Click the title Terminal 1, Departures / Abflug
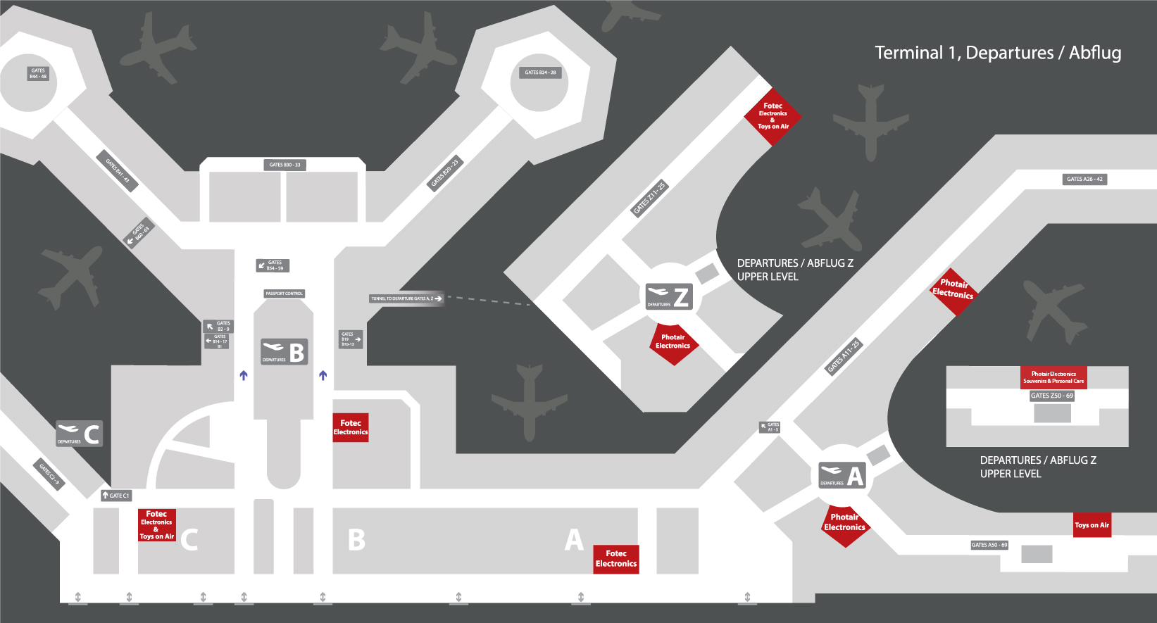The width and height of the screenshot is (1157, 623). click(x=997, y=53)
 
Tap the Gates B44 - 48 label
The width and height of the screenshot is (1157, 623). click(x=38, y=73)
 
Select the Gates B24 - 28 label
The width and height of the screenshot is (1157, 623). click(x=540, y=73)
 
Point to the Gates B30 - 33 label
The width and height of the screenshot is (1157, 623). click(x=284, y=165)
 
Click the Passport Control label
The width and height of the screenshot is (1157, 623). click(x=284, y=294)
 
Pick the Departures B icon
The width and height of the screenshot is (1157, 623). click(x=284, y=351)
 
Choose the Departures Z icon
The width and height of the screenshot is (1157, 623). click(x=669, y=296)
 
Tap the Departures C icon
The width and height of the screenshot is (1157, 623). click(x=80, y=434)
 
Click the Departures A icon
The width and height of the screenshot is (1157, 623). click(x=842, y=476)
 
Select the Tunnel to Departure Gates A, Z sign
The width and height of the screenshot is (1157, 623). click(x=407, y=298)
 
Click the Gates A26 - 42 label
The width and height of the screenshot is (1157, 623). click(x=1084, y=179)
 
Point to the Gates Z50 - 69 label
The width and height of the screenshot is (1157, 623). click(x=1052, y=396)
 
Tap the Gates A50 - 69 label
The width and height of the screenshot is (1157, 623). click(x=989, y=545)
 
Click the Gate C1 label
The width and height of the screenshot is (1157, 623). click(x=116, y=496)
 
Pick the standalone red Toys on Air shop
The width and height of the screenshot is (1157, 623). click(x=1092, y=525)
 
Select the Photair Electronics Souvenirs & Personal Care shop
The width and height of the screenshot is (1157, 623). click(x=1053, y=377)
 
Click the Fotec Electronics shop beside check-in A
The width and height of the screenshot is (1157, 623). click(x=616, y=559)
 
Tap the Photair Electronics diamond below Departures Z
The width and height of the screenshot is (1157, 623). click(x=673, y=343)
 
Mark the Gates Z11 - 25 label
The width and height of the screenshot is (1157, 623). click(x=649, y=199)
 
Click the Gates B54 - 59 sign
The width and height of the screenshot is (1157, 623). click(x=273, y=265)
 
